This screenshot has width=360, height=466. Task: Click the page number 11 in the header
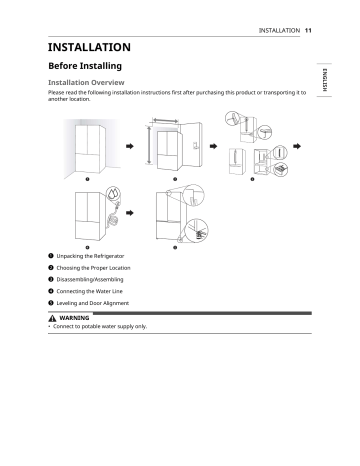(x=308, y=30)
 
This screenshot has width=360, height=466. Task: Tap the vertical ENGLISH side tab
(x=325, y=80)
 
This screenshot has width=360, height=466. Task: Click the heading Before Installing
(x=85, y=66)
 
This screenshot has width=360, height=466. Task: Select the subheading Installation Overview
(x=86, y=82)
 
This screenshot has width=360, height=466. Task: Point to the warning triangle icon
(x=52, y=318)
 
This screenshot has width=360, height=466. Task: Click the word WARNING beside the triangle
(x=74, y=318)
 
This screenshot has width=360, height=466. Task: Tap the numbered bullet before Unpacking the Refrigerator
(x=51, y=256)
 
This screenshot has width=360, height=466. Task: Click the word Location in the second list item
(x=120, y=268)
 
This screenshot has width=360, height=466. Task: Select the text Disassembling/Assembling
(x=90, y=279)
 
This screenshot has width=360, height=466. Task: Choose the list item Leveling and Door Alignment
(x=93, y=303)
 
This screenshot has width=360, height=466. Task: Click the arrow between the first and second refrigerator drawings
(x=130, y=146)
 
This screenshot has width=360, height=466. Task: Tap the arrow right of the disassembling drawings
(x=297, y=146)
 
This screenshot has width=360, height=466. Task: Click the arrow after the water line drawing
(x=130, y=213)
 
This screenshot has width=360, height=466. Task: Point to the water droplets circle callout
(x=113, y=193)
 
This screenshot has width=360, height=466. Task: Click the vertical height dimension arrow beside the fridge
(x=149, y=145)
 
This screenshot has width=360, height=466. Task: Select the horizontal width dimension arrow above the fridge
(x=165, y=120)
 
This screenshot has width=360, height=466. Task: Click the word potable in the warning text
(x=91, y=326)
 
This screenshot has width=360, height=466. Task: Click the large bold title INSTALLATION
(x=89, y=47)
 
